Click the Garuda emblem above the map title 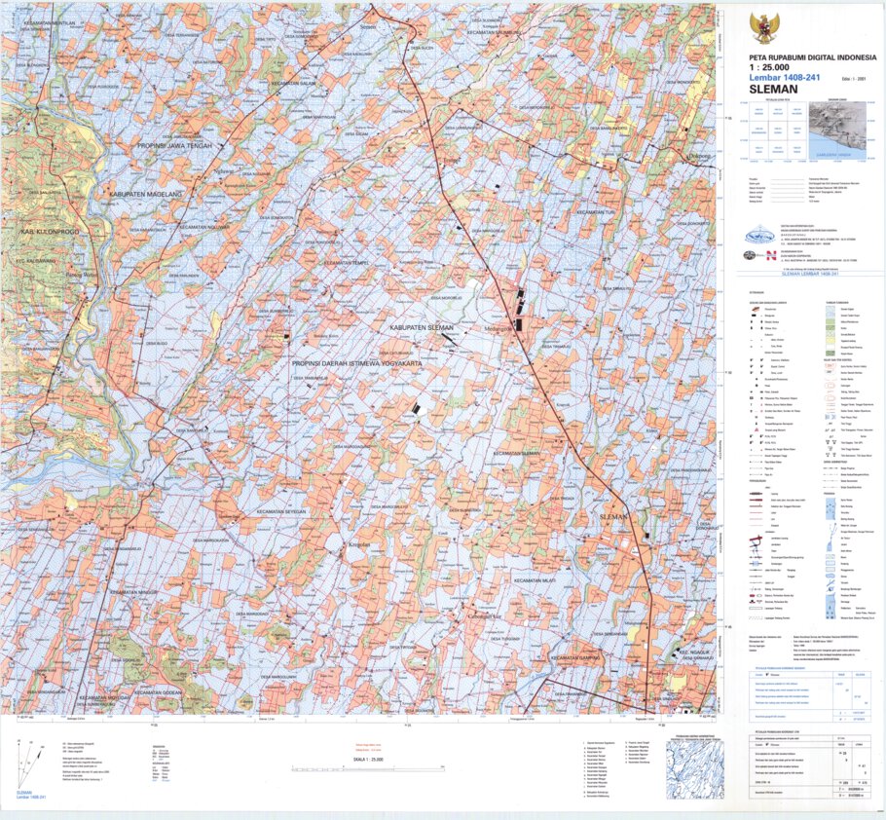coord(765,27)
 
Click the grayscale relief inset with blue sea coord(838,129)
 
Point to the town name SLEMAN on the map coord(616,515)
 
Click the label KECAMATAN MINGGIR coord(133,591)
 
